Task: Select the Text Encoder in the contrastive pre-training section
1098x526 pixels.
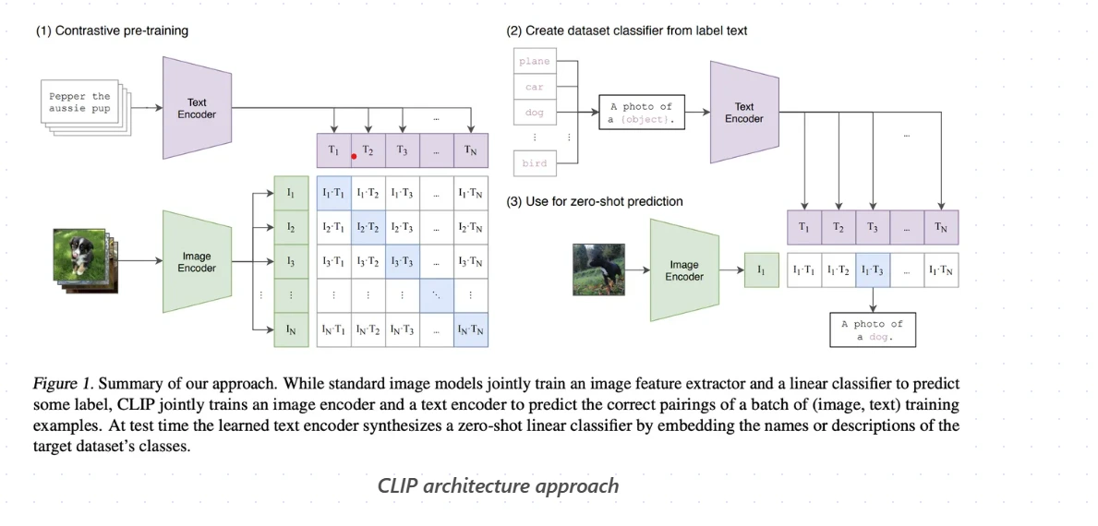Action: (x=197, y=108)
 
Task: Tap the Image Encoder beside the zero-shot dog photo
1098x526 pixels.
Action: (x=684, y=270)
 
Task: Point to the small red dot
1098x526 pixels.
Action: (x=354, y=157)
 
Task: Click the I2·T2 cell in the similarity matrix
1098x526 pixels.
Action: (x=368, y=227)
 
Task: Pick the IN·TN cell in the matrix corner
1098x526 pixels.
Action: (x=470, y=329)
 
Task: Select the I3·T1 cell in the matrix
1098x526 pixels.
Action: (x=332, y=262)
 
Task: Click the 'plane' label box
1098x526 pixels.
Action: (x=534, y=62)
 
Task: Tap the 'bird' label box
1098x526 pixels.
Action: (x=534, y=163)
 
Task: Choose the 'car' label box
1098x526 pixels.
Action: (x=534, y=88)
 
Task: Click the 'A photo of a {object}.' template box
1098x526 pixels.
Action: (x=641, y=113)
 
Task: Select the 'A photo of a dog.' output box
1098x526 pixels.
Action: (x=872, y=330)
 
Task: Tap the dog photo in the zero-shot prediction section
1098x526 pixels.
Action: (x=598, y=269)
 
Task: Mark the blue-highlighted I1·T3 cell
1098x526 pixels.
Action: (x=873, y=270)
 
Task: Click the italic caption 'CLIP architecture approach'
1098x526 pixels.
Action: (x=498, y=485)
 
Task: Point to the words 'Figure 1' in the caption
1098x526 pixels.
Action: (x=63, y=382)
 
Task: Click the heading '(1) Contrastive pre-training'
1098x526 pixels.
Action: (x=112, y=30)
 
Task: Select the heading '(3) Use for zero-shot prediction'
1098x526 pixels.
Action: (x=595, y=201)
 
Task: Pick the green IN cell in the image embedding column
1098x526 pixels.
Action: (x=291, y=329)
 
